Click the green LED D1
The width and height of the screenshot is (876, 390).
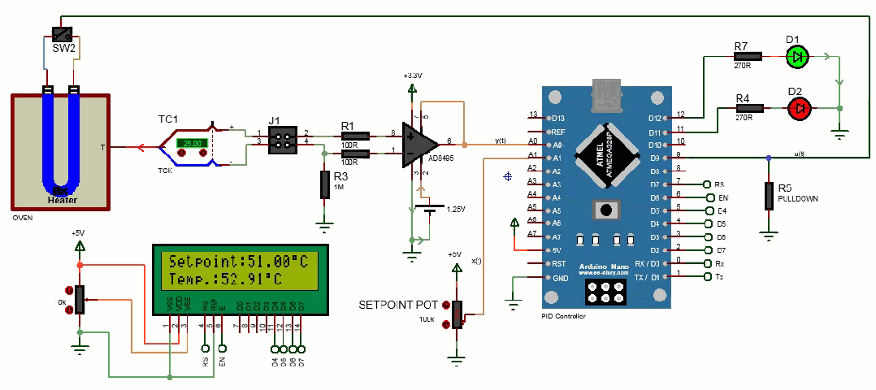click(x=799, y=57)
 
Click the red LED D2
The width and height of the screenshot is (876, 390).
click(x=799, y=108)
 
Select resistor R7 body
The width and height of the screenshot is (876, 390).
click(x=747, y=57)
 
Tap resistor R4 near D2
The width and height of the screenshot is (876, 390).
click(x=748, y=108)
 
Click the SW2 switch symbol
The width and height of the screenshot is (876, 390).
click(x=62, y=34)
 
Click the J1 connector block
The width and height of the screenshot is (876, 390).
click(x=281, y=138)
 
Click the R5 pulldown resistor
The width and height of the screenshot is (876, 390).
click(x=768, y=196)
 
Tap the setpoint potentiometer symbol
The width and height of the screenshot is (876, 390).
click(x=458, y=314)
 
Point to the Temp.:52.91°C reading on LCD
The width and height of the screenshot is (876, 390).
click(x=225, y=279)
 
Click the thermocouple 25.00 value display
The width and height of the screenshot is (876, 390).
click(x=194, y=143)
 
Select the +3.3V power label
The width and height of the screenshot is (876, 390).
click(x=413, y=75)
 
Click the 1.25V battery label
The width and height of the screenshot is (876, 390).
click(x=455, y=210)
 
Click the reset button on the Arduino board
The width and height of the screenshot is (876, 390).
click(x=605, y=210)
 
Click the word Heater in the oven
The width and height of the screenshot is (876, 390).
click(x=61, y=200)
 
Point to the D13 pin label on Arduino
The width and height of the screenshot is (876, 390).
click(x=557, y=118)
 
